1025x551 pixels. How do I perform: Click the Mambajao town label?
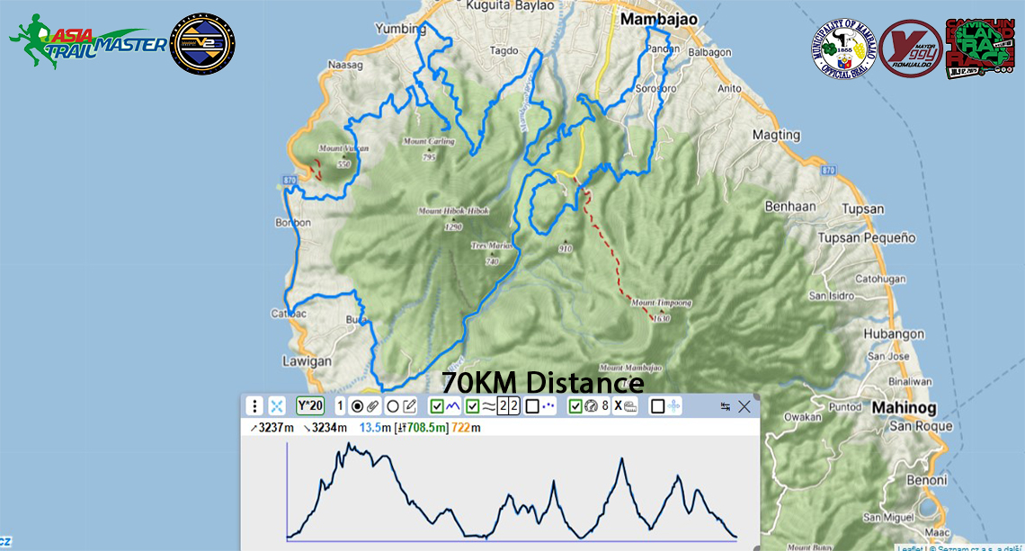tap(655, 21)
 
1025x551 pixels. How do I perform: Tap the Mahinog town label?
tap(903, 408)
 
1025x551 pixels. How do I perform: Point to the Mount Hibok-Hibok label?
tap(453, 211)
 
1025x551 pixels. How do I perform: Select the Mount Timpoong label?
tap(661, 303)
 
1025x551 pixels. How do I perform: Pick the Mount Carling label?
tap(428, 141)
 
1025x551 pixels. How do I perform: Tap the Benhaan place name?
tap(790, 207)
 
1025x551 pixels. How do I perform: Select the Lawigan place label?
tap(307, 362)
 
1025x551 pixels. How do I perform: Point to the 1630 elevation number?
tap(662, 319)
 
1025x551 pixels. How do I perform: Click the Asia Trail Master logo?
tap(87, 41)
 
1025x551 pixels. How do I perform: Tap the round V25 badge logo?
tap(202, 43)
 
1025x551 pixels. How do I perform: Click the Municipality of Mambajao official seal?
tap(842, 48)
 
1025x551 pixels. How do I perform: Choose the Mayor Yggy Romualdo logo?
tap(910, 48)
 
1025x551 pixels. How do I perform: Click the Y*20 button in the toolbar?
tap(310, 406)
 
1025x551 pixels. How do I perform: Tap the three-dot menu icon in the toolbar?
tap(255, 406)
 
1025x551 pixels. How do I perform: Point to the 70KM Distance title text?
tap(543, 383)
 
